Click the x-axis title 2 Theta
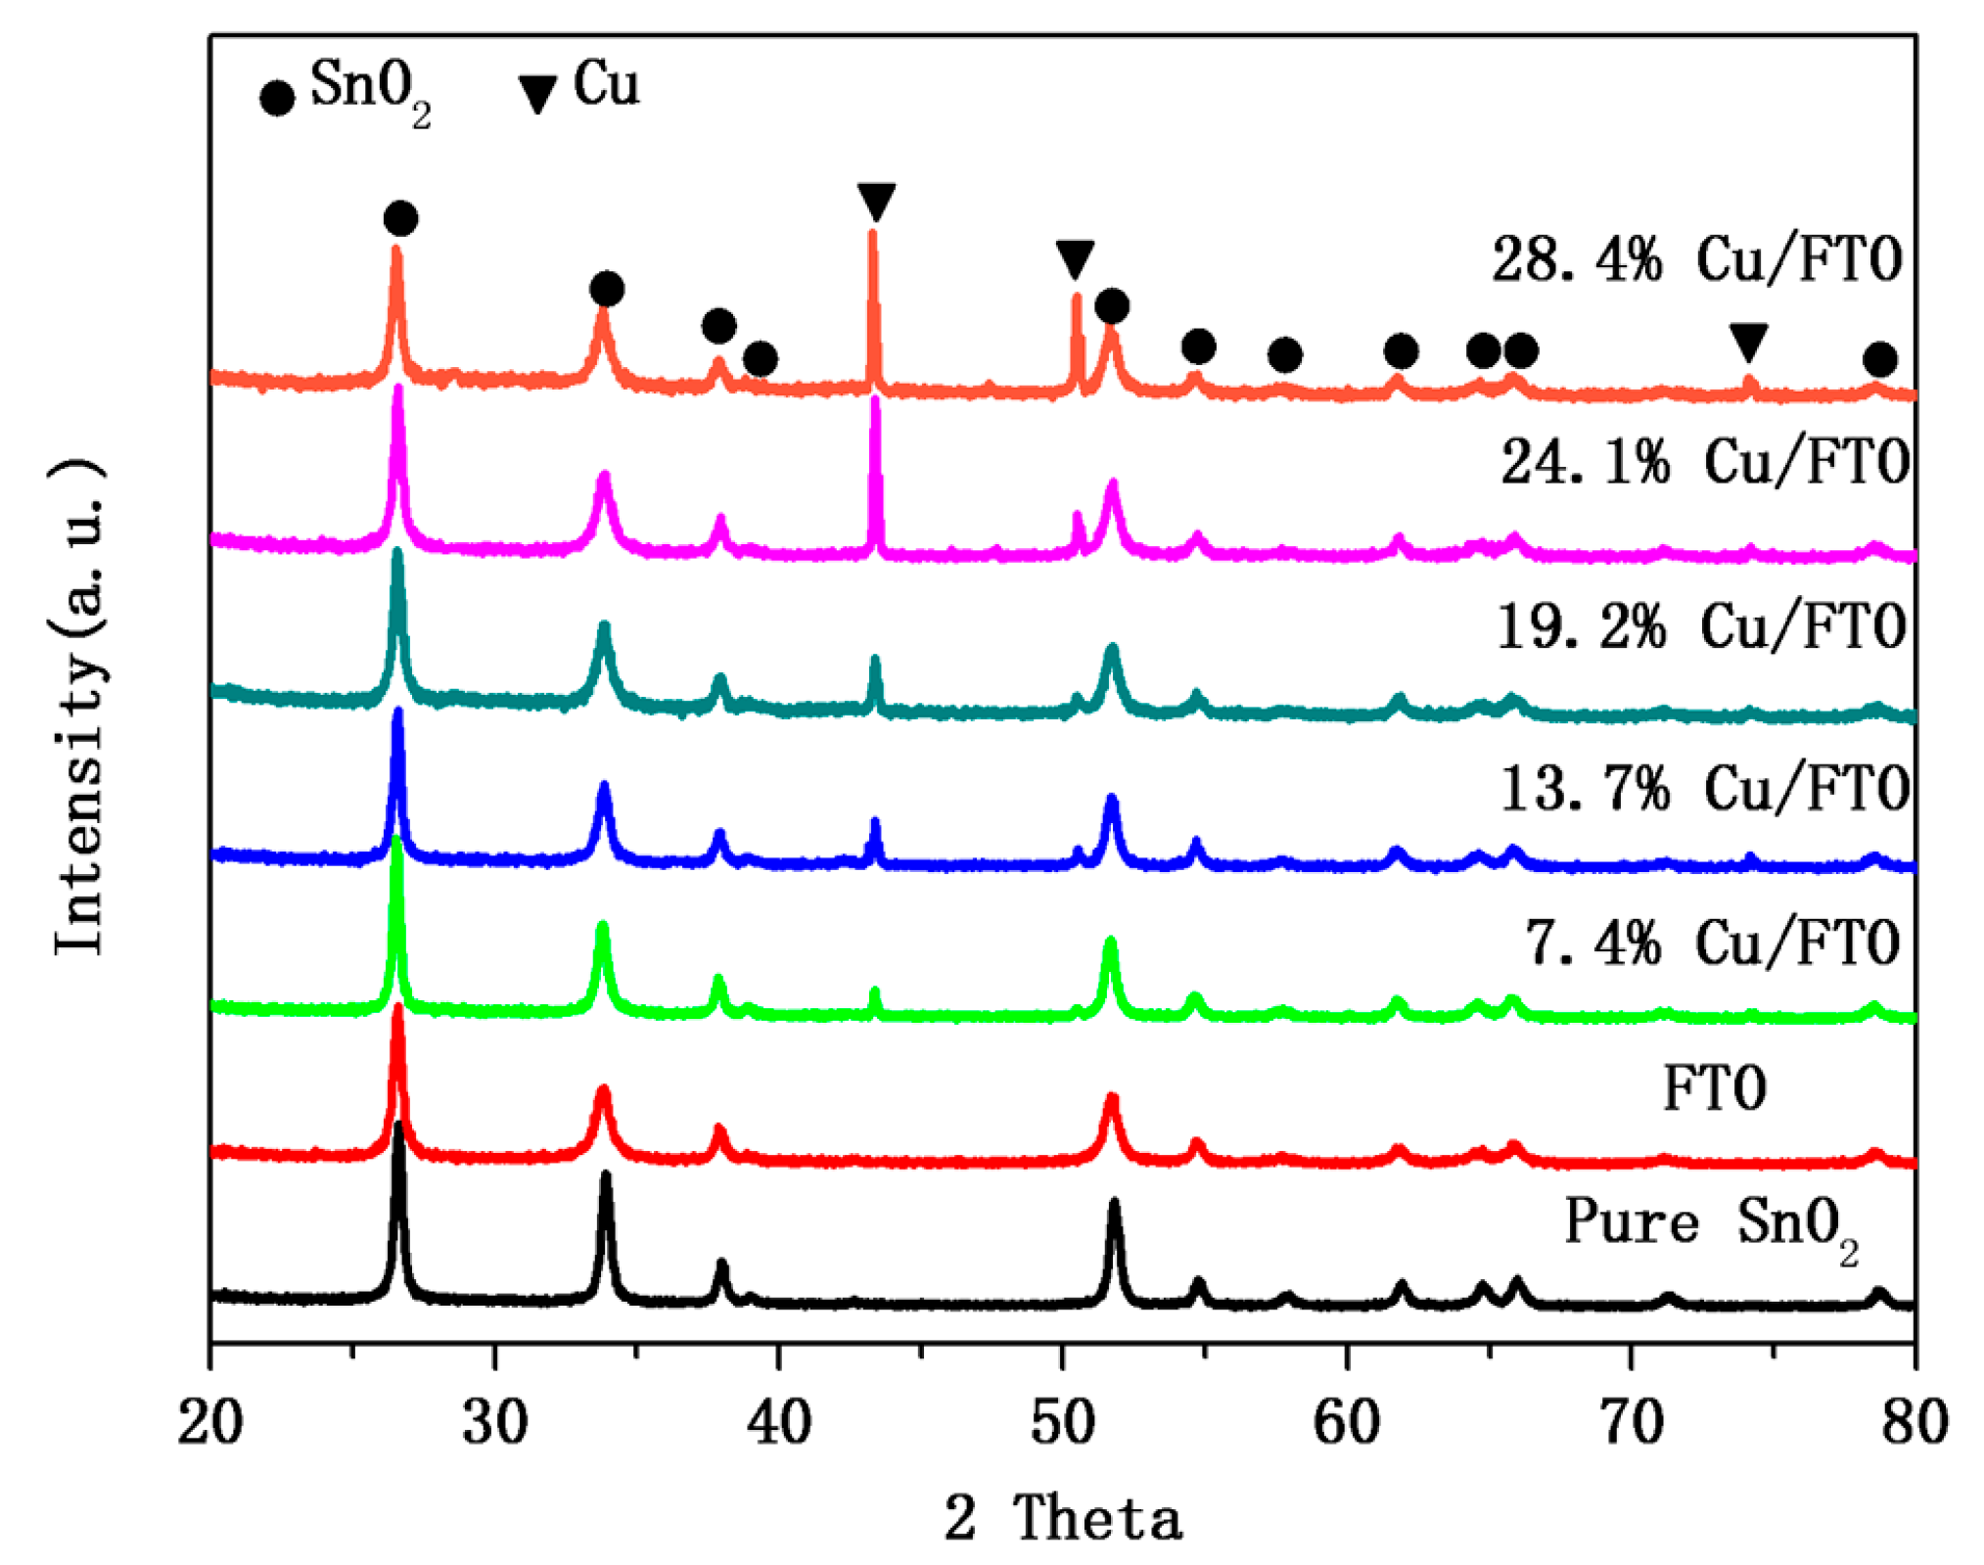coord(1063,1518)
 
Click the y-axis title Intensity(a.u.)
coord(78,705)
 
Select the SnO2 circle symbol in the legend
coord(277,97)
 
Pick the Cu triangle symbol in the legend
coord(537,93)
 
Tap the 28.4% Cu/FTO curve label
coord(1696,260)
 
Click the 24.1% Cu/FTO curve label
coord(1704,461)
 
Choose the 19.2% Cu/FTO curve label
coord(1701,626)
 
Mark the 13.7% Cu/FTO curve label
coord(1704,788)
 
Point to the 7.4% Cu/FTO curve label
coord(1713,943)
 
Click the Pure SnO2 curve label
coord(1711,1223)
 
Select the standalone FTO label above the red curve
coord(1714,1088)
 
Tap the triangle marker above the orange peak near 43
coord(876,201)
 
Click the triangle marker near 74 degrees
coord(1748,341)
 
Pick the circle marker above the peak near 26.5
coord(400,217)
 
